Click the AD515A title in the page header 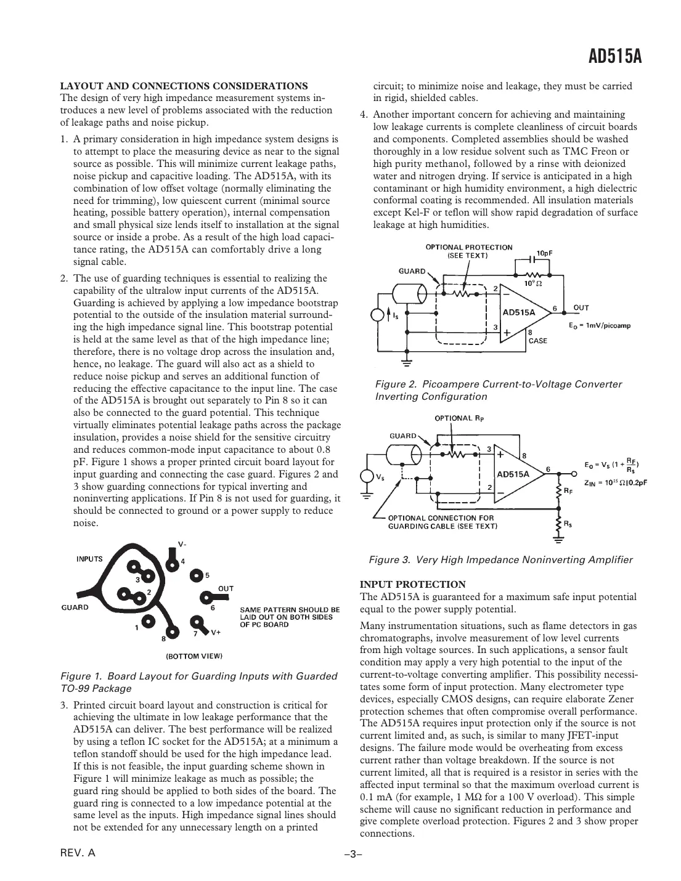615,57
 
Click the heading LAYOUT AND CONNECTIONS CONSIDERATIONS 184,86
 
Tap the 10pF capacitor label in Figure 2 544,253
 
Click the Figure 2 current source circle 377,315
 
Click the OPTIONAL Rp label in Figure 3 460,418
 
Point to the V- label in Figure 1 182,543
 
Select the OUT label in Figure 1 226,588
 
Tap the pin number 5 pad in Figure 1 197,575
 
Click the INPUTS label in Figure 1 89,559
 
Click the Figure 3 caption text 500,560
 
